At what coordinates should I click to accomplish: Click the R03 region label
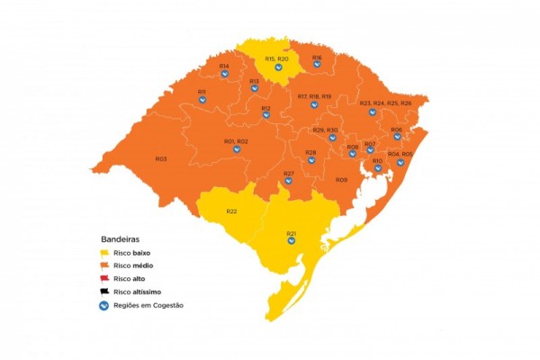coord(160,159)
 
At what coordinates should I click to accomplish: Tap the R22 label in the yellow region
coord(231,211)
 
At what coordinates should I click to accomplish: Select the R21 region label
coord(292,234)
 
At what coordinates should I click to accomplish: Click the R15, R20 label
coord(277,58)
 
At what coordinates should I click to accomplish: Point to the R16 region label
coord(317,58)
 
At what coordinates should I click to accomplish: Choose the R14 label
coord(224,67)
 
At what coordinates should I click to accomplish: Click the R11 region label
coord(202,92)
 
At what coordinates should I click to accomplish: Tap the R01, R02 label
coord(236,141)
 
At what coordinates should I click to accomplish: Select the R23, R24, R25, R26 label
coord(385,103)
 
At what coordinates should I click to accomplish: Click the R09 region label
coord(341,180)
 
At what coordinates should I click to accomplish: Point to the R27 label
coord(289,173)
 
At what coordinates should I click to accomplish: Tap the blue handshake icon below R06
coord(397,138)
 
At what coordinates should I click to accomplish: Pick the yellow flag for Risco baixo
coord(105,254)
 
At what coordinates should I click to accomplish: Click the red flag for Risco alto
coord(105,279)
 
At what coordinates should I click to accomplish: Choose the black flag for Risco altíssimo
coord(105,292)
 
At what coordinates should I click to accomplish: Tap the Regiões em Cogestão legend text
coord(148,305)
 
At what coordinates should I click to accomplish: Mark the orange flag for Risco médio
coord(105,266)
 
